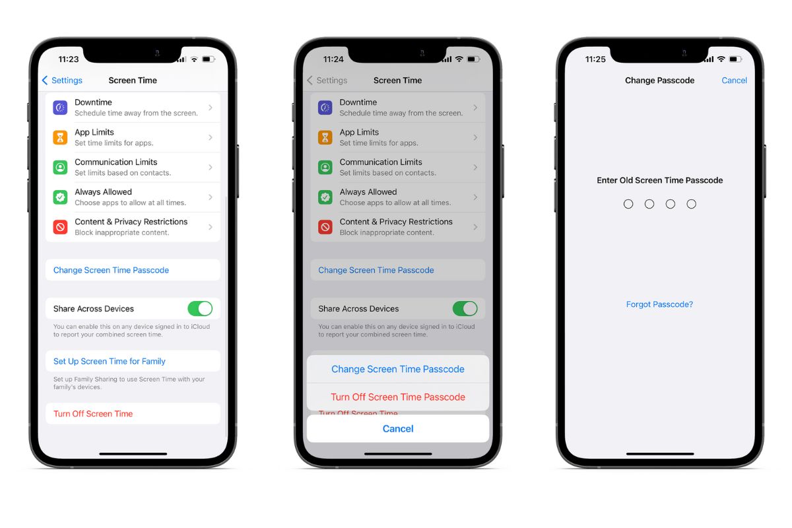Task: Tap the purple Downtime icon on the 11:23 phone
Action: [x=60, y=108]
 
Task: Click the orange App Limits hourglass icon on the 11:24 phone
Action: [x=325, y=137]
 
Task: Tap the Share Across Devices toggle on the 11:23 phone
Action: [x=200, y=309]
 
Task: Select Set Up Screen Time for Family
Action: [x=110, y=361]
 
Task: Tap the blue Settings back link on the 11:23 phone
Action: [x=62, y=81]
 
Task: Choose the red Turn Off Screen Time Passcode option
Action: [x=398, y=397]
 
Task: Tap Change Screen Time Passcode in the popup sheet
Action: [x=398, y=369]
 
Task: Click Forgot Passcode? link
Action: [x=659, y=304]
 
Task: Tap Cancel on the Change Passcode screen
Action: [x=734, y=81]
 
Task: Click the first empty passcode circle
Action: [x=628, y=204]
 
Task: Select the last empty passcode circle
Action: [x=691, y=204]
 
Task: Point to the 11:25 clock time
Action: [x=595, y=59]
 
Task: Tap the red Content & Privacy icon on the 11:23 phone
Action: [x=60, y=227]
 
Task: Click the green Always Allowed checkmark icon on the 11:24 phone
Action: [x=325, y=197]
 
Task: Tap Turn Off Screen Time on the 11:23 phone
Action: [x=93, y=414]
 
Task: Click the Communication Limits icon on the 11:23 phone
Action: [x=60, y=167]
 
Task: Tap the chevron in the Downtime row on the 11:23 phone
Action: [x=211, y=108]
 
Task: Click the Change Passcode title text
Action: [x=659, y=81]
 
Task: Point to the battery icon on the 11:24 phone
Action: [x=473, y=59]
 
